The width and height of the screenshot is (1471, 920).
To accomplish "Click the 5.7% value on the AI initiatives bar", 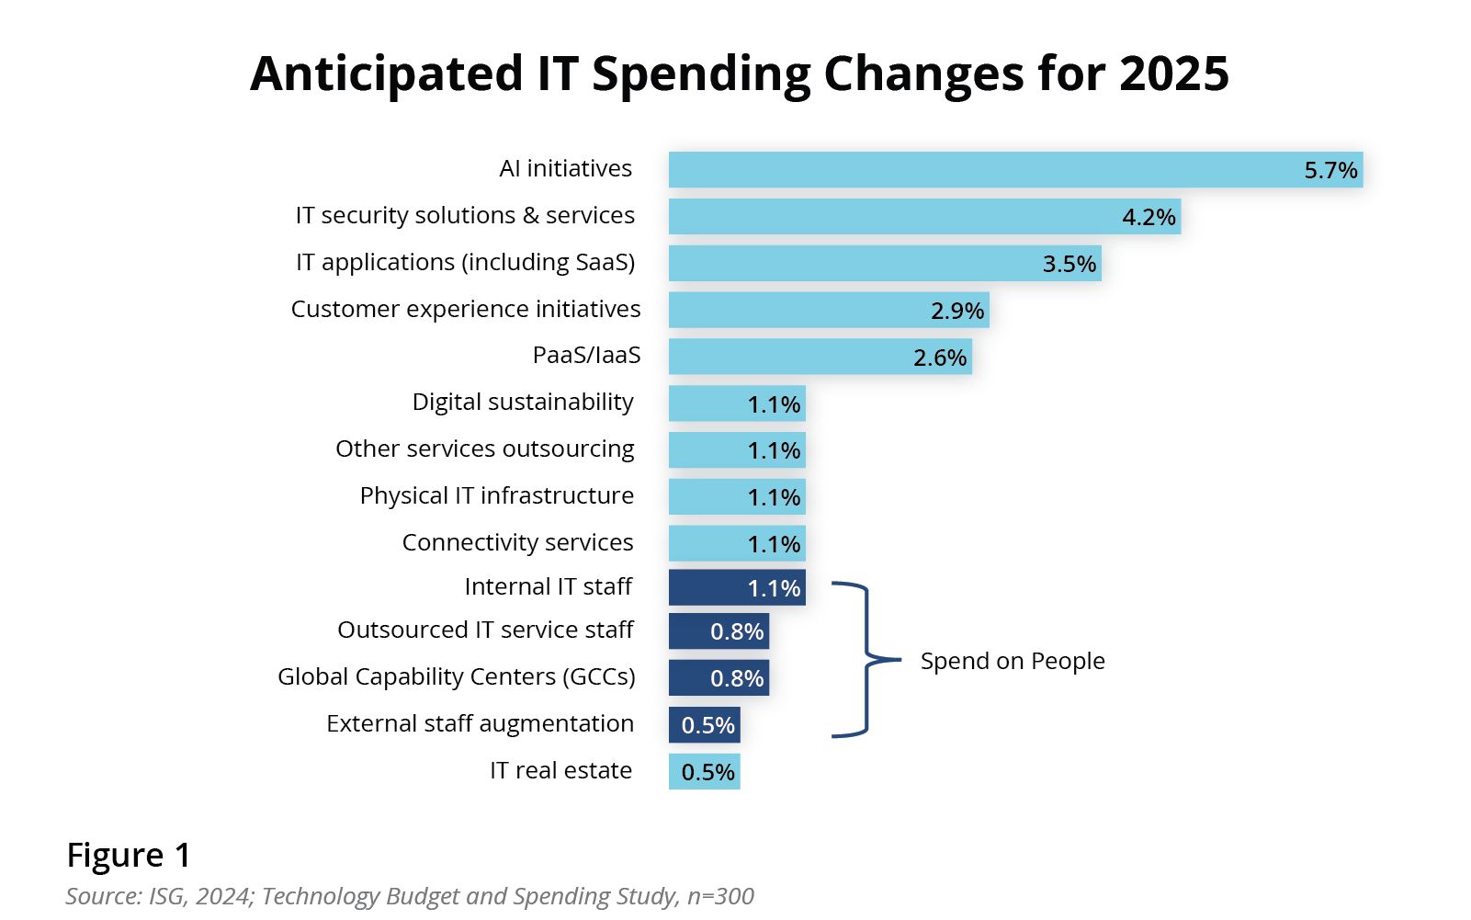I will pyautogui.click(x=1330, y=171).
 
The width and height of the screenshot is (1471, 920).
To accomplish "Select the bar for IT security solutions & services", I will pyautogui.click(x=923, y=217).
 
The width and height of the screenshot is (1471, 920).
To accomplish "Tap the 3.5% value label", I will pyautogui.click(x=1069, y=265).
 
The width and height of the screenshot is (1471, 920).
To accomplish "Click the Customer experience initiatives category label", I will pyautogui.click(x=466, y=309).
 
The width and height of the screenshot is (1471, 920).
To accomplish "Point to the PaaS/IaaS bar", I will pyautogui.click(x=820, y=357).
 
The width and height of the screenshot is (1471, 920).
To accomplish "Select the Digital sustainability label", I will pyautogui.click(x=523, y=402).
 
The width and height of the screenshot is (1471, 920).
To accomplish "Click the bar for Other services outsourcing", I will pyautogui.click(x=737, y=450).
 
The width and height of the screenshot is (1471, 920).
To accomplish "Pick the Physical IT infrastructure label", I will pyautogui.click(x=497, y=495).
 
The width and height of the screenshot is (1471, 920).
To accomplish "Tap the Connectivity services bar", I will pyautogui.click(x=737, y=543).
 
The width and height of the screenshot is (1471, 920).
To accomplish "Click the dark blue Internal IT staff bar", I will pyautogui.click(x=737, y=588).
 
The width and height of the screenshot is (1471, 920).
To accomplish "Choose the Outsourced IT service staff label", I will pyautogui.click(x=485, y=630).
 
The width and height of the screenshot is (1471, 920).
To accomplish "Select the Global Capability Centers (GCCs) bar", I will pyautogui.click(x=719, y=678).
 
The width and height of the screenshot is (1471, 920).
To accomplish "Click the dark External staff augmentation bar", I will pyautogui.click(x=704, y=725).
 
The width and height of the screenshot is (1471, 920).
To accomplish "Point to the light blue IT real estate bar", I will pyautogui.click(x=704, y=772).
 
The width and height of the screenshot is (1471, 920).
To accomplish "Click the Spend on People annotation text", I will pyautogui.click(x=1013, y=661).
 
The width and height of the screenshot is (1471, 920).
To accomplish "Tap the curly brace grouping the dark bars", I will pyautogui.click(x=866, y=659).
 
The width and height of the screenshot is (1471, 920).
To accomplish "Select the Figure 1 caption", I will pyautogui.click(x=129, y=855).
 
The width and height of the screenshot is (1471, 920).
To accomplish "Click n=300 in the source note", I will pyautogui.click(x=720, y=896).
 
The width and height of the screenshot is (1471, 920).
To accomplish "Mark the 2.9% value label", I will pyautogui.click(x=957, y=311).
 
